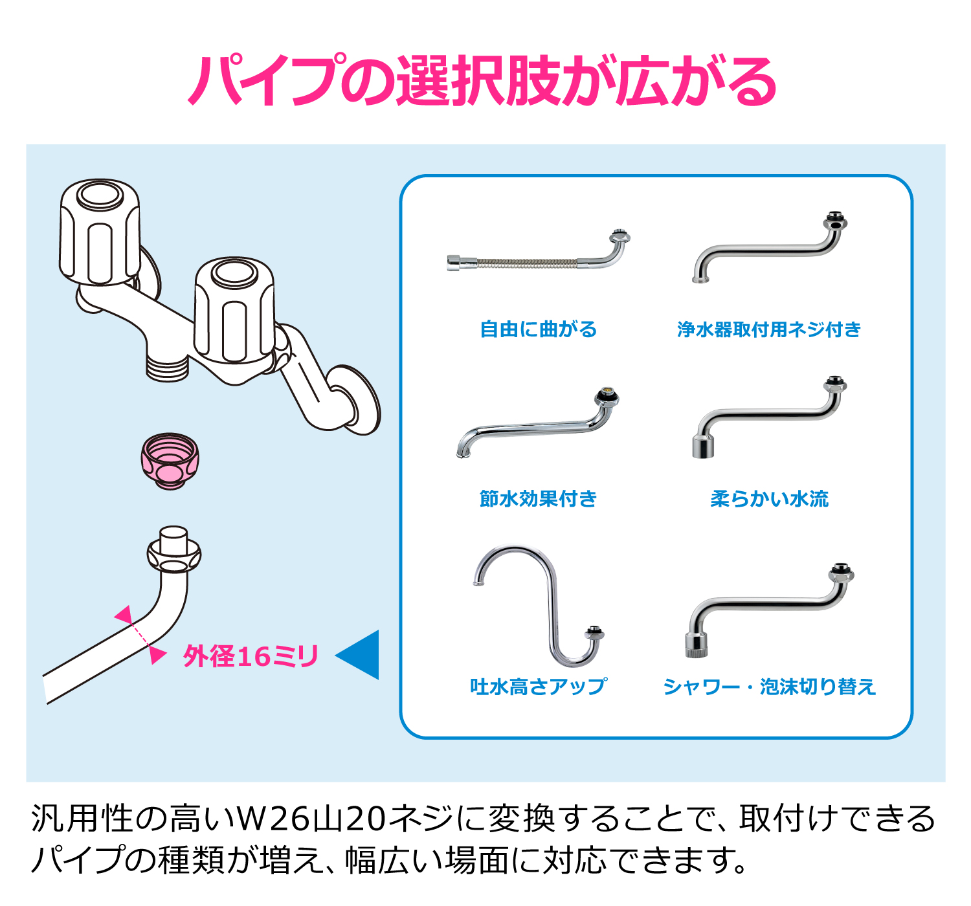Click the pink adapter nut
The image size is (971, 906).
170,461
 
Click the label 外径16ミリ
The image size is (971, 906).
251,656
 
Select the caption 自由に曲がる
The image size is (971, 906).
538,329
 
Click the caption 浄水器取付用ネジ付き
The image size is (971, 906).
769,329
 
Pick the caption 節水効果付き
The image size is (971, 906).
538,498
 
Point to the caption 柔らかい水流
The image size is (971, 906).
769,498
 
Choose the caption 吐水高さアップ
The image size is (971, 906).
538,686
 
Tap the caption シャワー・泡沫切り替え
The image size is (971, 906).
769,686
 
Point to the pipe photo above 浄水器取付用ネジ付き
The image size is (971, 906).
769,249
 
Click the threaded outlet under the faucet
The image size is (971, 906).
167,368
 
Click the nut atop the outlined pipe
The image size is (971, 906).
173,555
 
